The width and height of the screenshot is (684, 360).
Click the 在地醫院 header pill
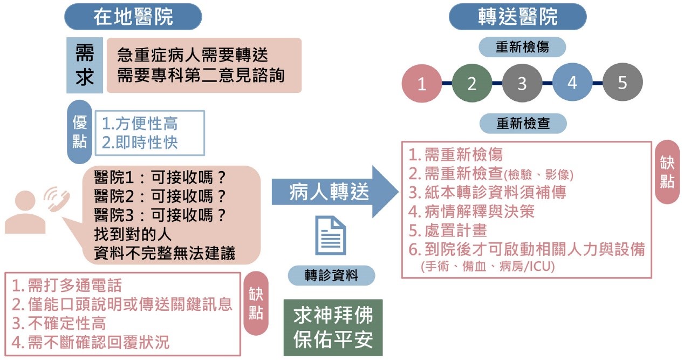(x=133, y=17)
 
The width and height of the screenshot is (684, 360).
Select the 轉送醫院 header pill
(x=517, y=17)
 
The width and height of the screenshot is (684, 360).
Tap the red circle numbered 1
(x=422, y=83)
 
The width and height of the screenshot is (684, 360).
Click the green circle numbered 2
(x=472, y=83)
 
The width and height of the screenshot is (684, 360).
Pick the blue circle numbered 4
(x=572, y=82)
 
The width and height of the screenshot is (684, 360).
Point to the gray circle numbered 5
(x=623, y=82)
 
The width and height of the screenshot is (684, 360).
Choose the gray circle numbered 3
(x=522, y=83)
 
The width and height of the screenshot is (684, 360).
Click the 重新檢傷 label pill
(x=522, y=47)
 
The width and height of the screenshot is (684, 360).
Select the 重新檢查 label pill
(x=523, y=124)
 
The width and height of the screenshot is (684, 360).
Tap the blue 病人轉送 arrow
(x=335, y=192)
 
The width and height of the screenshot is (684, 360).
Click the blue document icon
(x=330, y=235)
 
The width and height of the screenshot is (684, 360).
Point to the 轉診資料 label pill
(x=331, y=276)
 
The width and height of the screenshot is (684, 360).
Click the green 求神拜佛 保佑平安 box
(x=333, y=328)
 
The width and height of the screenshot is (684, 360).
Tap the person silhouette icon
(x=25, y=213)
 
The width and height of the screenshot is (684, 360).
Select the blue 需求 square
(x=85, y=65)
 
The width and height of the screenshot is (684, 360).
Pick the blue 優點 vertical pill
(x=79, y=132)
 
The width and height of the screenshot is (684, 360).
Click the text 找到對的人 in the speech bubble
(x=133, y=234)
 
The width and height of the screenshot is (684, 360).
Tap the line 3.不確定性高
(x=59, y=323)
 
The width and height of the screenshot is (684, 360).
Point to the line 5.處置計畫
(x=448, y=230)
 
